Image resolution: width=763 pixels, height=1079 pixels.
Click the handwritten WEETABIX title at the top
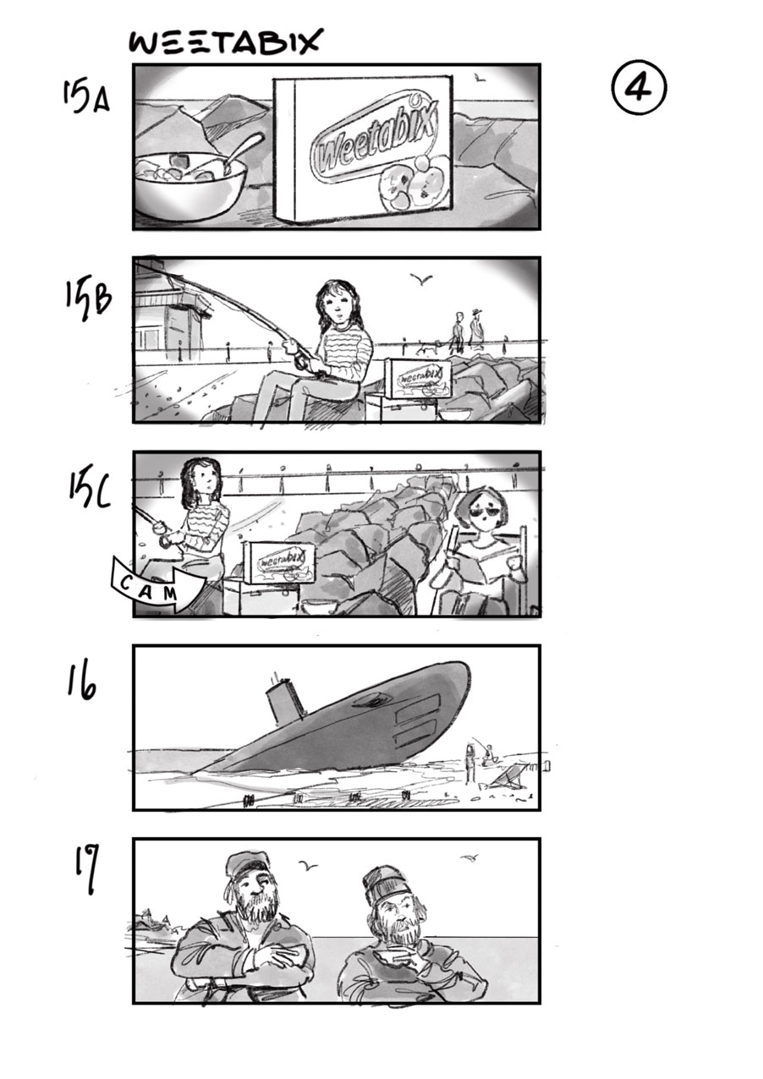point(225,41)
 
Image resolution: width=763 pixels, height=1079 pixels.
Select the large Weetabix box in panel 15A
point(363,150)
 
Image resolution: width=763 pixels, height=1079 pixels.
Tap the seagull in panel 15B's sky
point(421,278)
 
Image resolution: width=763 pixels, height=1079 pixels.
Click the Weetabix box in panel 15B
point(420,378)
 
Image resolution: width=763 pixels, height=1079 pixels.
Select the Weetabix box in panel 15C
point(279,561)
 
